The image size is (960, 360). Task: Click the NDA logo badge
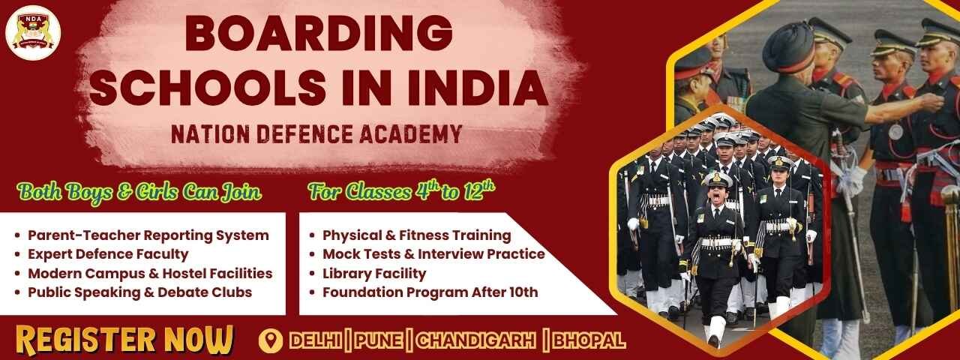pyautogui.click(x=33, y=32)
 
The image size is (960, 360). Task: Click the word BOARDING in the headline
pyautogui.click(x=318, y=34)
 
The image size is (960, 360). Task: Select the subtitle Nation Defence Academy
pyautogui.click(x=316, y=134)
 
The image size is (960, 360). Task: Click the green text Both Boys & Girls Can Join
pyautogui.click(x=140, y=193)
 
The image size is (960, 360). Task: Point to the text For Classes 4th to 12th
pyautogui.click(x=402, y=191)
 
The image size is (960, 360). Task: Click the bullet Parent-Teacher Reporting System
pyautogui.click(x=148, y=235)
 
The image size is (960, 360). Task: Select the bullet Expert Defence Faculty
pyautogui.click(x=108, y=254)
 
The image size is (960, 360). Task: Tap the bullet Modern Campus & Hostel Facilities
pyautogui.click(x=150, y=274)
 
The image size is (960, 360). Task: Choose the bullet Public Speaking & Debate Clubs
pyautogui.click(x=139, y=292)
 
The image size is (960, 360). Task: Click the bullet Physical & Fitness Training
pyautogui.click(x=416, y=235)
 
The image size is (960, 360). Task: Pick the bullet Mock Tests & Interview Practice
pyautogui.click(x=433, y=254)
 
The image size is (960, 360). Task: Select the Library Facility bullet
pyautogui.click(x=374, y=274)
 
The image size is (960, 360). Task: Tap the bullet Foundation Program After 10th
pyautogui.click(x=430, y=292)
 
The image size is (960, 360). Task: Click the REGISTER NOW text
pyautogui.click(x=124, y=340)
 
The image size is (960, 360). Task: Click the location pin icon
pyautogui.click(x=270, y=340)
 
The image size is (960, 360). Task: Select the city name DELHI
pyautogui.click(x=315, y=340)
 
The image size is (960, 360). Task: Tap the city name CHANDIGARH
pyautogui.click(x=476, y=340)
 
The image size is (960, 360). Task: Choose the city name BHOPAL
pyautogui.click(x=589, y=340)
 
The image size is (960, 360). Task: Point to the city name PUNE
pyautogui.click(x=379, y=340)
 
